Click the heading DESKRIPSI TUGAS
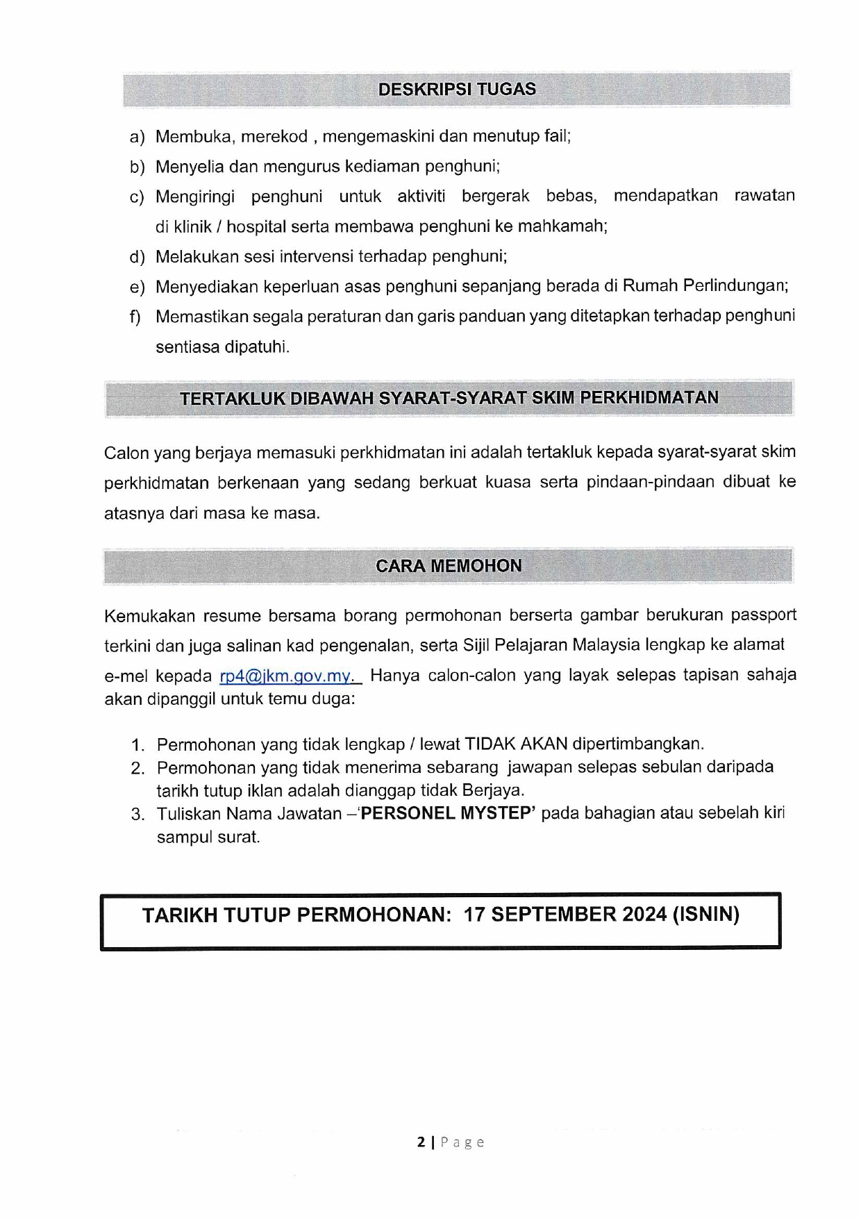457,90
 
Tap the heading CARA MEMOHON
449,566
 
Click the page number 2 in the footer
421,1142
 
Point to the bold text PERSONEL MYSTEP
446,813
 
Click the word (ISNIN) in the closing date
705,915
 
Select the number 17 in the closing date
476,915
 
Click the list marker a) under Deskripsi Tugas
137,137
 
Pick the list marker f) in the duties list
135,317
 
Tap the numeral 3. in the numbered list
137,814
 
